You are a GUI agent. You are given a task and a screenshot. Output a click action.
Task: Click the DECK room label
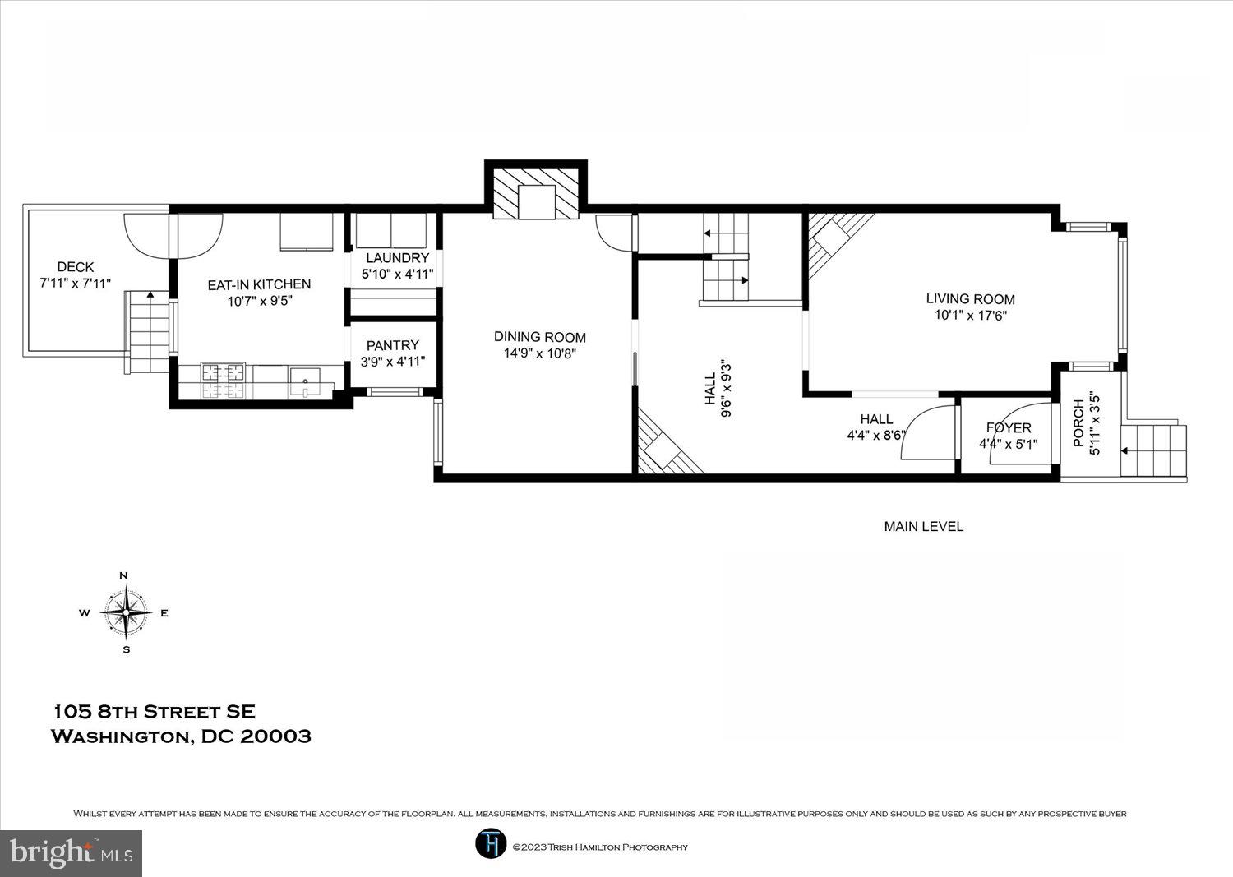(76, 267)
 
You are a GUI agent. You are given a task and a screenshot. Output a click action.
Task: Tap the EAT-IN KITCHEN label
(259, 284)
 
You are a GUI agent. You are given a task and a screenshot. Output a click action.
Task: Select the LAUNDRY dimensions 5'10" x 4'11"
(398, 275)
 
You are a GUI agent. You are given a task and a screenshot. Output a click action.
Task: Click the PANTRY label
(392, 345)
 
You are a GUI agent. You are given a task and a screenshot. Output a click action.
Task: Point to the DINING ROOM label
(539, 337)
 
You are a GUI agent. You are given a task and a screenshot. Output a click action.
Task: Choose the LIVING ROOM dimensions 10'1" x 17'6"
(970, 315)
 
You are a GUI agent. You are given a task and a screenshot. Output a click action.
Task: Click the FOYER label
(1008, 428)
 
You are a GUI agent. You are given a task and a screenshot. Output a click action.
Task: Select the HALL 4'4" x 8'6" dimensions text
(875, 436)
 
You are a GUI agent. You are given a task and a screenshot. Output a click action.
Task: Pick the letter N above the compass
(124, 575)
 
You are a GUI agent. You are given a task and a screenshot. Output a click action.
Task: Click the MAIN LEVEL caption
(923, 526)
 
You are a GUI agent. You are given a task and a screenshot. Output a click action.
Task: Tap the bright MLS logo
(72, 853)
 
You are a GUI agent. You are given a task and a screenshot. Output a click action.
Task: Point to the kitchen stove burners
(224, 381)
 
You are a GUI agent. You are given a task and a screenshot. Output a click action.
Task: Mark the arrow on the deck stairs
(150, 293)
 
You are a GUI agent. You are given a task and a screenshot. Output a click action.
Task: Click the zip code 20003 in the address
(275, 736)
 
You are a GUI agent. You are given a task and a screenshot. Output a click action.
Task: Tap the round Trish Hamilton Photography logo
(490, 844)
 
